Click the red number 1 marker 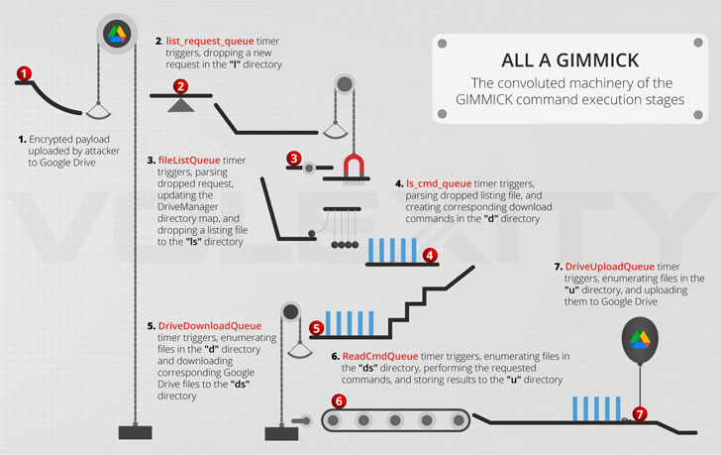(24, 73)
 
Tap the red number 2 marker (180, 86)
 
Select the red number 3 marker (294, 159)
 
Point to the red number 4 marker (430, 256)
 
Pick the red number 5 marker (316, 328)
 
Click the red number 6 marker (339, 401)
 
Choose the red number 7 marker (640, 414)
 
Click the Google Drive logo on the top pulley (117, 34)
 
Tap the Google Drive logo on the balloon (640, 340)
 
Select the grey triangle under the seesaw (180, 105)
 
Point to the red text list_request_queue (210, 41)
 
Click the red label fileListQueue (189, 161)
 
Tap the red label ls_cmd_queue (439, 184)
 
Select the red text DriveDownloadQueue (210, 326)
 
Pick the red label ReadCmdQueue (380, 356)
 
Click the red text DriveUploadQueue (610, 267)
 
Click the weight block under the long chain (135, 432)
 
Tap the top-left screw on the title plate (443, 44)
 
